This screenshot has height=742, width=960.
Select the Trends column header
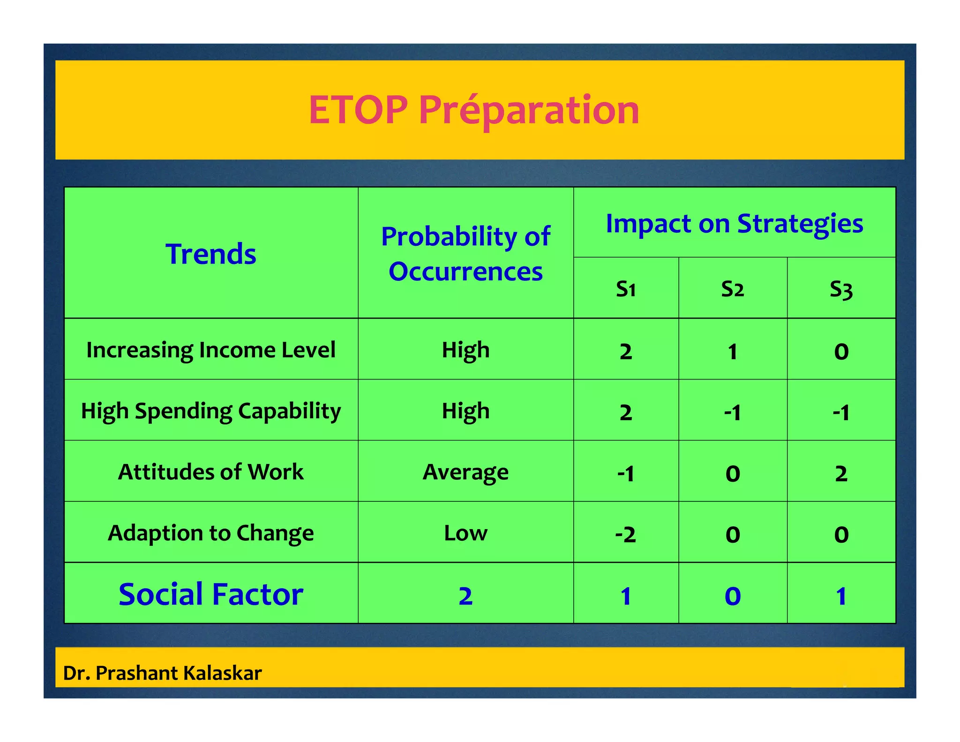pyautogui.click(x=211, y=254)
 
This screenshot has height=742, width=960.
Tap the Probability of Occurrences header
pyautogui.click(x=465, y=254)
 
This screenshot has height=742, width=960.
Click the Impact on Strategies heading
pyautogui.click(x=734, y=223)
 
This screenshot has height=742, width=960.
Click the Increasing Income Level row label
pyautogui.click(x=211, y=350)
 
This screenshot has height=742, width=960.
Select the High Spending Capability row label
pyautogui.click(x=211, y=411)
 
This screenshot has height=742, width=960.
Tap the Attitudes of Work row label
pyautogui.click(x=211, y=472)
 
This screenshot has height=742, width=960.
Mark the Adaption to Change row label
pyautogui.click(x=211, y=533)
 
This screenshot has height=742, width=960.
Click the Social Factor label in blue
pyautogui.click(x=211, y=594)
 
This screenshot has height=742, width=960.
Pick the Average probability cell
pyautogui.click(x=465, y=472)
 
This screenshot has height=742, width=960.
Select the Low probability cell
pyautogui.click(x=465, y=533)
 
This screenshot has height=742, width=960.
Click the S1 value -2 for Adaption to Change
pyautogui.click(x=626, y=534)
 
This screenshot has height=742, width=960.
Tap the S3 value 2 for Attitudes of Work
pyautogui.click(x=841, y=473)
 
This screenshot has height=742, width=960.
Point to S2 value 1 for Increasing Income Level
pyautogui.click(x=732, y=351)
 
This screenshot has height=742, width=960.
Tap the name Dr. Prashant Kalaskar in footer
pyautogui.click(x=162, y=673)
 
